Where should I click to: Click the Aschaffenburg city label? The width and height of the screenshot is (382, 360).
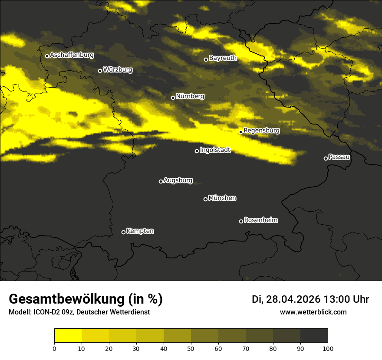coord(72,55)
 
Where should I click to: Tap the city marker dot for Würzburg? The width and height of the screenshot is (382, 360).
coord(100,71)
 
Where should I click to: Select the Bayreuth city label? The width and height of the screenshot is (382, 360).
coord(223,58)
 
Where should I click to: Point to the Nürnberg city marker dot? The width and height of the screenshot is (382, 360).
coord(173,98)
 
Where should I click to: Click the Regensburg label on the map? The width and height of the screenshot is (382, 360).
coord(261,131)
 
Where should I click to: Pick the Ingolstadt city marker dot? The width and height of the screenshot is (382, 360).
coord(197,151)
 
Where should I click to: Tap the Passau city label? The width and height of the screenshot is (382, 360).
coord(339,157)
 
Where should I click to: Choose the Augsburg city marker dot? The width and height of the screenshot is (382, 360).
coord(161,181)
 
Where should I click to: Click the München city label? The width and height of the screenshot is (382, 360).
coord(222,198)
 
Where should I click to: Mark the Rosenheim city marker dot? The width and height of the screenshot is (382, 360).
coord(241,222)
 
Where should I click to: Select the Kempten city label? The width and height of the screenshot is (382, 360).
coord(140,231)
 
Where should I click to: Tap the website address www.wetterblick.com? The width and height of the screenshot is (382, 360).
coord(313,312)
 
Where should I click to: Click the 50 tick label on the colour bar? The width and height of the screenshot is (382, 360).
coord(191,348)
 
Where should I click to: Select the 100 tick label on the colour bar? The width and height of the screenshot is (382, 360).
coord(328,348)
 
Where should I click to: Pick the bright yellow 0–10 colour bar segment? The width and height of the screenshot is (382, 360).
coord(68,335)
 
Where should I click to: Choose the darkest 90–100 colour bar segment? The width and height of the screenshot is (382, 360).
coord(314,335)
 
